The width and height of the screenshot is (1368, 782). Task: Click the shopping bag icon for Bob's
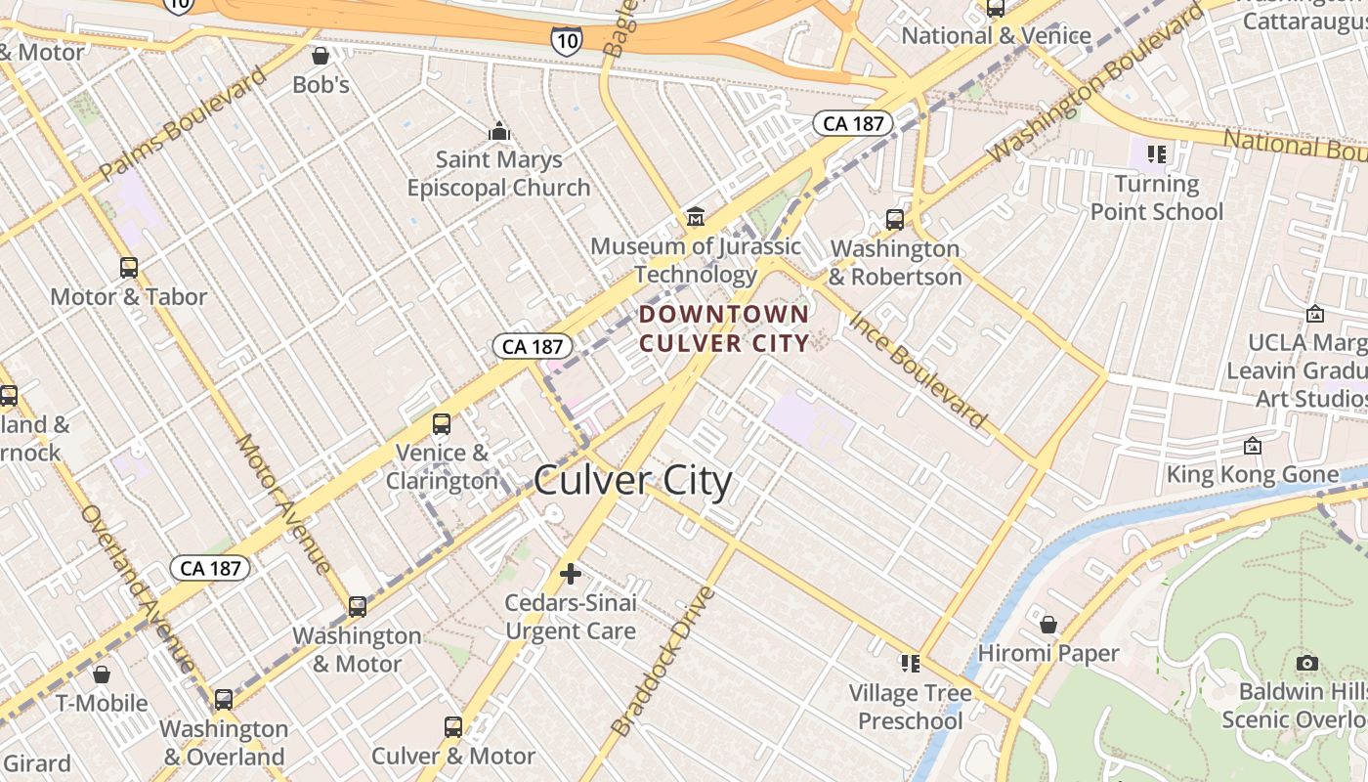pyautogui.click(x=320, y=56)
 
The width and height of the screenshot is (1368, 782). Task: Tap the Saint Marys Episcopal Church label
pyautogui.click(x=499, y=173)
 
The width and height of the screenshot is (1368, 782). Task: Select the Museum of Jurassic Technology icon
pyautogui.click(x=696, y=216)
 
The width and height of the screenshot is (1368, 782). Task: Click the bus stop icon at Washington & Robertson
pyautogui.click(x=895, y=219)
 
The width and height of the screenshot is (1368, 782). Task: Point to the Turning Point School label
pyautogui.click(x=1157, y=197)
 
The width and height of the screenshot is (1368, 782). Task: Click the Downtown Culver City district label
pyautogui.click(x=724, y=328)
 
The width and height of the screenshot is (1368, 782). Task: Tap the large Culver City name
pyautogui.click(x=633, y=481)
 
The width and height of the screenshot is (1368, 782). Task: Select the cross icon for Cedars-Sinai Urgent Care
pyautogui.click(x=571, y=574)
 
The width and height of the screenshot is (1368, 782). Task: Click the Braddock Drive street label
pyautogui.click(x=663, y=661)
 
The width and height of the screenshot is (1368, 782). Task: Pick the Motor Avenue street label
pyautogui.click(x=283, y=503)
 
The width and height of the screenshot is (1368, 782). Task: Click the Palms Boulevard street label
pyautogui.click(x=183, y=124)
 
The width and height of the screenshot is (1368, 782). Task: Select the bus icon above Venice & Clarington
pyautogui.click(x=442, y=424)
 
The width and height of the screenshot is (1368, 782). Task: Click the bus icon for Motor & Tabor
pyautogui.click(x=128, y=267)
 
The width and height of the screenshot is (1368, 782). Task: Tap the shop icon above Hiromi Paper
pyautogui.click(x=1048, y=624)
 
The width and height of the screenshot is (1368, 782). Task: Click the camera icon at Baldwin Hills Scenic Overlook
pyautogui.click(x=1306, y=664)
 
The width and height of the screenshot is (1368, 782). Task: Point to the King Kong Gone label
pyautogui.click(x=1253, y=475)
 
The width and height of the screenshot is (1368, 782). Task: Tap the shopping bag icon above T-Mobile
pyautogui.click(x=101, y=674)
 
